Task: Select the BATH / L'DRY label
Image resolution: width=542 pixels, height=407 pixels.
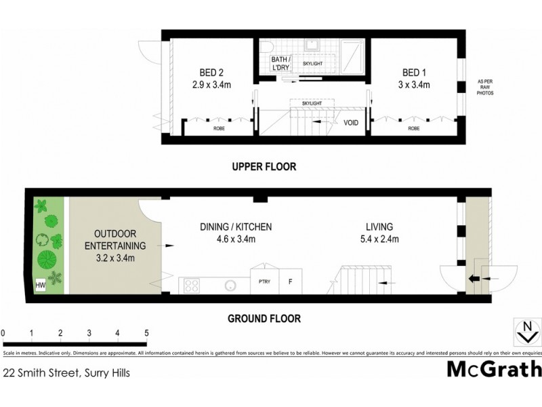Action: pos(280,64)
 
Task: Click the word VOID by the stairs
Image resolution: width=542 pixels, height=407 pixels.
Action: pos(351,123)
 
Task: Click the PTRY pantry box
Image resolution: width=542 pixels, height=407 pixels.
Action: pos(262,281)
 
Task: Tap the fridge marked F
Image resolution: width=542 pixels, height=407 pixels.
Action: pos(291,281)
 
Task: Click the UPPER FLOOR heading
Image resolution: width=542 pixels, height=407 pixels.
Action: pos(264,166)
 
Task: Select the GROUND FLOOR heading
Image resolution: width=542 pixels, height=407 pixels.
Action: pos(264,318)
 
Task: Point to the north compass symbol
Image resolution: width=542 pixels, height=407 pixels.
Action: pos(528,332)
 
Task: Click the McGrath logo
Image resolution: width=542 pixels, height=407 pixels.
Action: pos(494,368)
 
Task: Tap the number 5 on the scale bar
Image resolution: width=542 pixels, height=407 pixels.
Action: pos(146,333)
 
